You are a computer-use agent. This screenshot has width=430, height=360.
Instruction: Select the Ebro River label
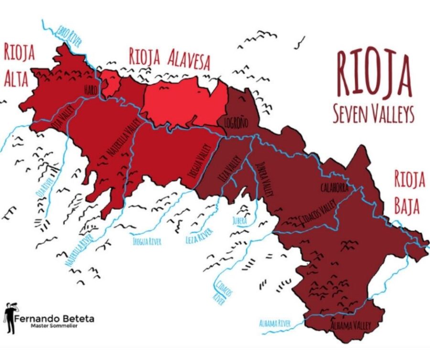pyautogui.click(x=68, y=35)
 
